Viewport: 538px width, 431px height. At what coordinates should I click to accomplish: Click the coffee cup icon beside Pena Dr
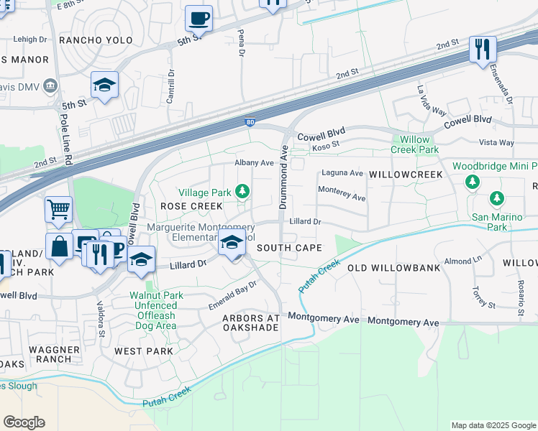[199, 18]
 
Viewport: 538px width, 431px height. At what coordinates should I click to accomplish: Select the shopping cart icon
[58, 210]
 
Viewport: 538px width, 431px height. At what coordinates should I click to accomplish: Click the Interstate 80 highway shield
[249, 124]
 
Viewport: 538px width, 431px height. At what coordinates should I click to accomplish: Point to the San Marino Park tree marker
[496, 198]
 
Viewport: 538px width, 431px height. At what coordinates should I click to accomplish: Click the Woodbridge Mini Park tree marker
[473, 182]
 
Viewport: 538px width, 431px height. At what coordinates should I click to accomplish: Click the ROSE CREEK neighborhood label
[191, 206]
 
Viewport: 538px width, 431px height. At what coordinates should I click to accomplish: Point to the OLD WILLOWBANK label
[393, 267]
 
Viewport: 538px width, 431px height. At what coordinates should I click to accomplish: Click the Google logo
[24, 422]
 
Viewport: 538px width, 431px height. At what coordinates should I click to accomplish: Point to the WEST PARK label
[144, 351]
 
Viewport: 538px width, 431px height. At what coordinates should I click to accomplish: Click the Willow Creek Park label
[414, 144]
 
